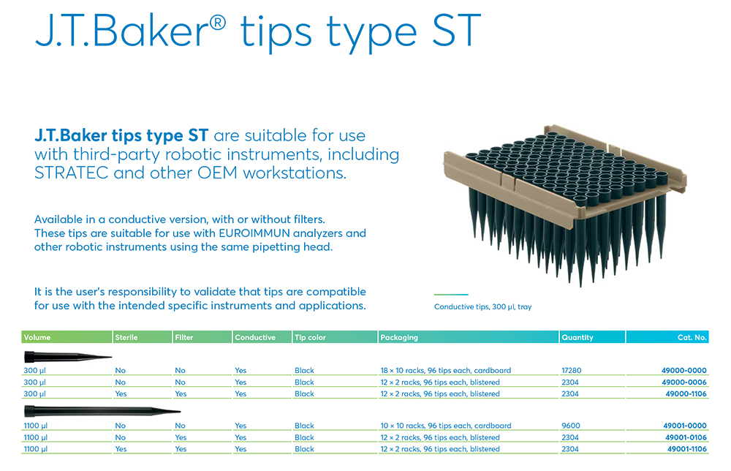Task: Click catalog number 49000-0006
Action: point(684,382)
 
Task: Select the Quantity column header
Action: point(577,337)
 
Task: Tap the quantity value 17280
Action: point(571,370)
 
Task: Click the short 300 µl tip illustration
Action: point(68,357)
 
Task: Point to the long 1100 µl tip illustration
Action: point(102,411)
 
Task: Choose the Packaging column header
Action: point(399,337)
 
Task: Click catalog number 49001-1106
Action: point(686,448)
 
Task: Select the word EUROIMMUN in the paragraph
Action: point(254,233)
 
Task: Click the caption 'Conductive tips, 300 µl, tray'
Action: point(482,307)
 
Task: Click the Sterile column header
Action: point(126,337)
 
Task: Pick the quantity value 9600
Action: point(571,426)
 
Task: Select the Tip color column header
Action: point(310,337)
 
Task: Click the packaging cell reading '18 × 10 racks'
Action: point(446,370)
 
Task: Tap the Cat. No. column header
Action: point(692,337)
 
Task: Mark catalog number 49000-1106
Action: point(686,393)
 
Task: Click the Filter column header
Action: point(183,337)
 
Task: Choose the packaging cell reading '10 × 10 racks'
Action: point(446,426)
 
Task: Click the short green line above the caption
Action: point(451,295)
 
